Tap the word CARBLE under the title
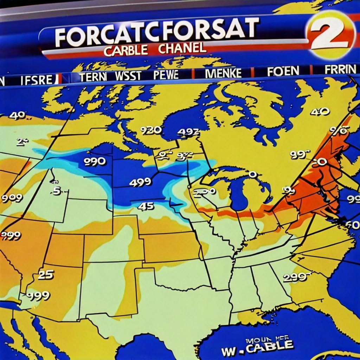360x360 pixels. pyautogui.click(x=126, y=50)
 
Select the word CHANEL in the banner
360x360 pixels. pyautogui.click(x=182, y=48)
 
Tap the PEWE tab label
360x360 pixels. pyautogui.click(x=166, y=75)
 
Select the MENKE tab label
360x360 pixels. pyautogui.click(x=224, y=73)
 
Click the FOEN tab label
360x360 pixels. pyautogui.click(x=283, y=71)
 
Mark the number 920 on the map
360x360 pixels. pyautogui.click(x=151, y=130)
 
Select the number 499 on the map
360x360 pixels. pyautogui.click(x=140, y=182)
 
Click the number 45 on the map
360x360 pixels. pyautogui.click(x=146, y=206)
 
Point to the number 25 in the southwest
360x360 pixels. pyautogui.click(x=45, y=275)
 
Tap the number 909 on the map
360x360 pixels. pyautogui.click(x=12, y=198)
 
